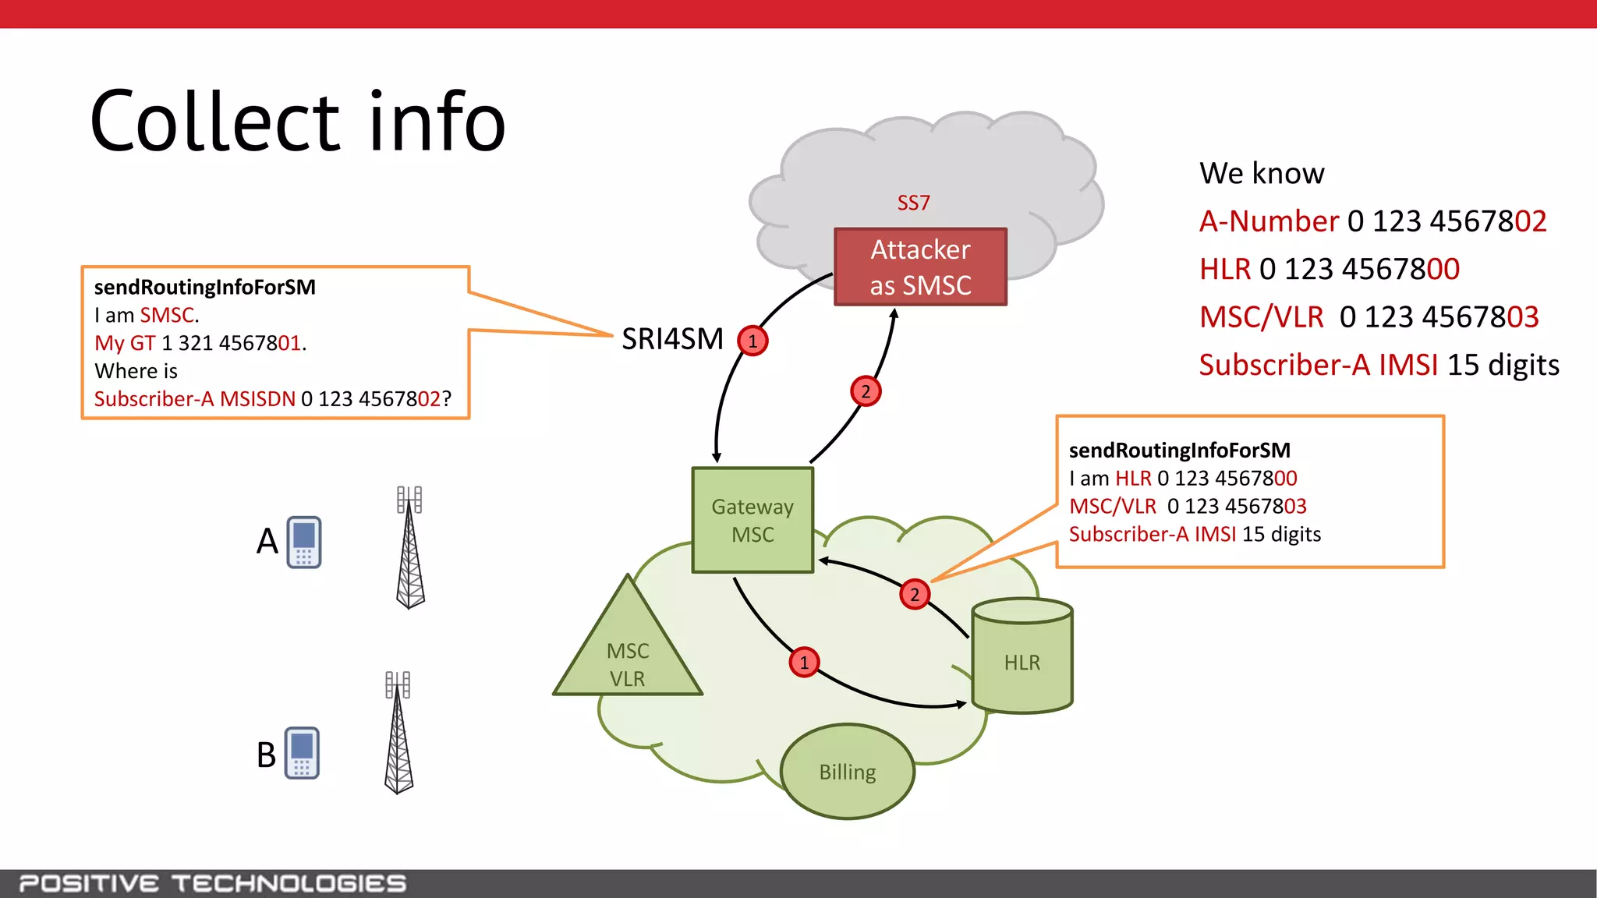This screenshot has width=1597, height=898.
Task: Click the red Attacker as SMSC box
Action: coord(920,267)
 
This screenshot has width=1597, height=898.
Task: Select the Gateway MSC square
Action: coord(752,520)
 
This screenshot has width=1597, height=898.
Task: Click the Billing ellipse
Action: coord(848,772)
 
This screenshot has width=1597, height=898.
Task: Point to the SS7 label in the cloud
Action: coord(913,203)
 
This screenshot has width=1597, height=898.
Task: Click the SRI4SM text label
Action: coord(672,339)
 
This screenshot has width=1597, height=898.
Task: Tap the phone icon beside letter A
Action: coord(304,542)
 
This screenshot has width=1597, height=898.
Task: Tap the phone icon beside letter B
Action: coord(303,753)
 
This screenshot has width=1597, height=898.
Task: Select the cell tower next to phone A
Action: coord(410,550)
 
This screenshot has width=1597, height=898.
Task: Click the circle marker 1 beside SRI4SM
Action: coord(752,341)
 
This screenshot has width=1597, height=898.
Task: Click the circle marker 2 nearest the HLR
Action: coord(915,595)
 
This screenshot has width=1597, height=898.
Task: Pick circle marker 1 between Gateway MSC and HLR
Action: coord(804,663)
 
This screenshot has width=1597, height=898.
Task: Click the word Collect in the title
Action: coord(215,122)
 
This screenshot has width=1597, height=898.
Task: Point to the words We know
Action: coord(1262,173)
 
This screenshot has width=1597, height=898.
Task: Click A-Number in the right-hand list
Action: coord(1269,221)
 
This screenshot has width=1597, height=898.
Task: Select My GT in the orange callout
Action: coord(125,343)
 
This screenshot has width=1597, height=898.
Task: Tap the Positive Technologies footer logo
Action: coord(213,883)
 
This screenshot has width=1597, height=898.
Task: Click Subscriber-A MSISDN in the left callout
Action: coord(195,399)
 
